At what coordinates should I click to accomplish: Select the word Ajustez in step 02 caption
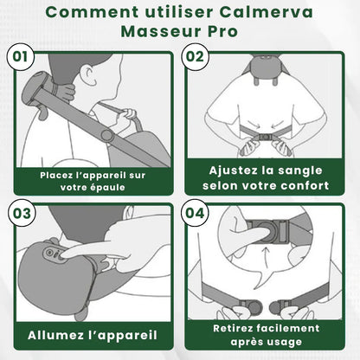click(x=226, y=170)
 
